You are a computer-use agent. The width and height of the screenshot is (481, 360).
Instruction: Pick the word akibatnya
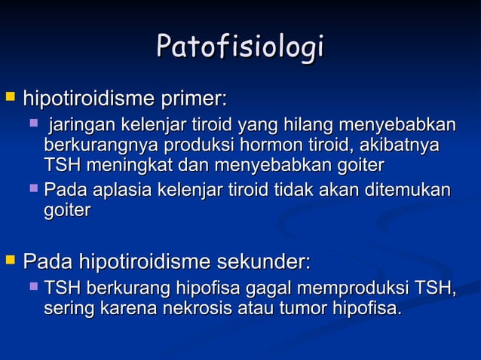(x=402, y=145)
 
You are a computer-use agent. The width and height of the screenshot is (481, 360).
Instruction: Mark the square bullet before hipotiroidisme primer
(x=10, y=98)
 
